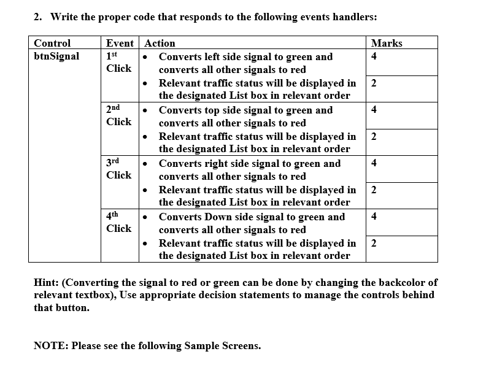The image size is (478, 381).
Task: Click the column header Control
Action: (x=52, y=43)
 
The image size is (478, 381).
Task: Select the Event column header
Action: (x=120, y=43)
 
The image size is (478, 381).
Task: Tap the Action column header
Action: (x=160, y=43)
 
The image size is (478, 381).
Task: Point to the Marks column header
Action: (x=387, y=43)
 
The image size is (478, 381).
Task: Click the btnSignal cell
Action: (x=56, y=56)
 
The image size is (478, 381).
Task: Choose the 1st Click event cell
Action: (x=118, y=62)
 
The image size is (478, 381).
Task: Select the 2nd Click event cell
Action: (x=118, y=115)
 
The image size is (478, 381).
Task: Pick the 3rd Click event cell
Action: (x=118, y=169)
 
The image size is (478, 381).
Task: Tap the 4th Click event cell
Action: (x=118, y=222)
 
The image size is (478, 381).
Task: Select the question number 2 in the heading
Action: (x=37, y=17)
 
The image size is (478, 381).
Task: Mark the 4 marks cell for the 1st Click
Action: (x=374, y=56)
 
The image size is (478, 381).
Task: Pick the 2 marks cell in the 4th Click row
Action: (x=374, y=243)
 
